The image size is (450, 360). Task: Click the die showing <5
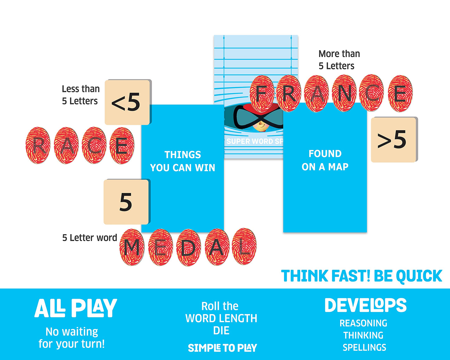[128, 102]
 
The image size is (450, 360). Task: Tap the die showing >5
[394, 140]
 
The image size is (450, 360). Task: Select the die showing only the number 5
[127, 202]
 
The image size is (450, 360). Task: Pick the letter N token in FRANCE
[344, 93]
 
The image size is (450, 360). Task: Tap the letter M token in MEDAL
[132, 247]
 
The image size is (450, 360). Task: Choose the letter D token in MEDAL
[189, 247]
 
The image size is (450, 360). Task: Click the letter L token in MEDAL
[244, 246]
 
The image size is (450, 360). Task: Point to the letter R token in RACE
[38, 145]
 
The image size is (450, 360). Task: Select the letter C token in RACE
[94, 145]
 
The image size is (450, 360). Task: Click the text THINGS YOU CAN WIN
[182, 161]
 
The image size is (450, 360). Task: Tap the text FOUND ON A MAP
[325, 160]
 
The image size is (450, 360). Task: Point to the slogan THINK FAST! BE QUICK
[362, 276]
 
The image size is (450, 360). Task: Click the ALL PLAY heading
[76, 308]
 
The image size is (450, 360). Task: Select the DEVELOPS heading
[366, 305]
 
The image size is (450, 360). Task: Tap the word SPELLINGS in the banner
[364, 348]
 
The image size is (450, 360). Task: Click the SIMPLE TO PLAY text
[222, 348]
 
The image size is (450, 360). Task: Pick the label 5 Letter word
[89, 238]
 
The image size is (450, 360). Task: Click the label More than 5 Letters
[339, 60]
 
